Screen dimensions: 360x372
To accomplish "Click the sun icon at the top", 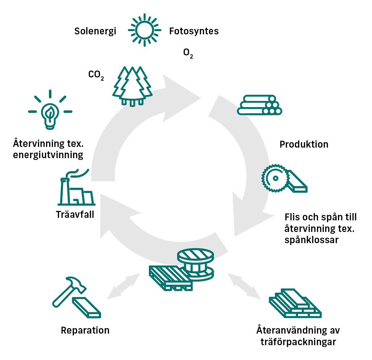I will pyautogui.click(x=145, y=30).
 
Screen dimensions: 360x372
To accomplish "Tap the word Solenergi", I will pyautogui.click(x=95, y=31).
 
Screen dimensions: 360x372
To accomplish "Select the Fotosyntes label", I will pyautogui.click(x=194, y=31).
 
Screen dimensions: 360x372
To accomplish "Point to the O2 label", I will pyautogui.click(x=188, y=54).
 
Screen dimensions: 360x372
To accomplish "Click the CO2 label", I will pyautogui.click(x=96, y=75).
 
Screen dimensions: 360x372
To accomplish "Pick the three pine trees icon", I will pyautogui.click(x=133, y=86).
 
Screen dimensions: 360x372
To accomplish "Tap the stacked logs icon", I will pyautogui.click(x=259, y=105).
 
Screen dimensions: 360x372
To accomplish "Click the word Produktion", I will pyautogui.click(x=304, y=144).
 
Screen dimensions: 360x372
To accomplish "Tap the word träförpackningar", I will pyautogui.click(x=298, y=341).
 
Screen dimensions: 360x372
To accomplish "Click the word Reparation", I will pyautogui.click(x=85, y=330).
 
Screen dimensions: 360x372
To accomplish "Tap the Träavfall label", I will pyautogui.click(x=75, y=214).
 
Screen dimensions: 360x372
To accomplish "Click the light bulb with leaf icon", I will pyautogui.click(x=50, y=111).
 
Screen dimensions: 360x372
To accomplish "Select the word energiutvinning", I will pyautogui.click(x=48, y=155).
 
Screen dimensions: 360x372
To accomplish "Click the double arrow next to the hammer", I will pyautogui.click(x=124, y=287).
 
